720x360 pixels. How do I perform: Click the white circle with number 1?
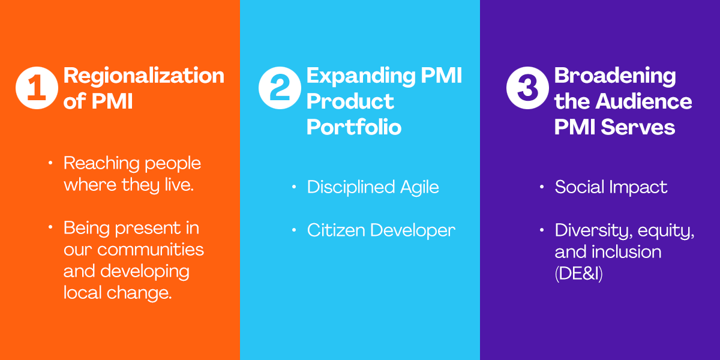click(37, 88)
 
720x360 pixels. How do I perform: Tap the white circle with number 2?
click(280, 88)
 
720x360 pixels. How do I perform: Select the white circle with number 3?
click(527, 88)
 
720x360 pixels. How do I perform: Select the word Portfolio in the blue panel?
click(354, 127)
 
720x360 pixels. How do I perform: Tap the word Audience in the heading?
click(643, 101)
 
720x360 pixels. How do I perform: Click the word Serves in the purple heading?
click(638, 127)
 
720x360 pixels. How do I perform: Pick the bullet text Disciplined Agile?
click(373, 187)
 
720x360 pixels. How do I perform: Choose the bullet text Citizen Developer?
click(381, 230)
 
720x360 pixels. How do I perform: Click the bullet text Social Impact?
click(611, 187)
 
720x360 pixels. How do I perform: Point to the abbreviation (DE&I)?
click(578, 274)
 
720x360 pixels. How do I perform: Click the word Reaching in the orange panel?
click(101, 164)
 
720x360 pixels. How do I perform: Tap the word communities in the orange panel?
click(151, 250)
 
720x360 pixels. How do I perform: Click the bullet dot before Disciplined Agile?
click(293, 187)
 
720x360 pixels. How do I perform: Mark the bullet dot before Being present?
click(50, 227)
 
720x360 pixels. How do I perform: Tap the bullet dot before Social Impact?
click(542, 187)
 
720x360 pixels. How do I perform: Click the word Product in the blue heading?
click(350, 102)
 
